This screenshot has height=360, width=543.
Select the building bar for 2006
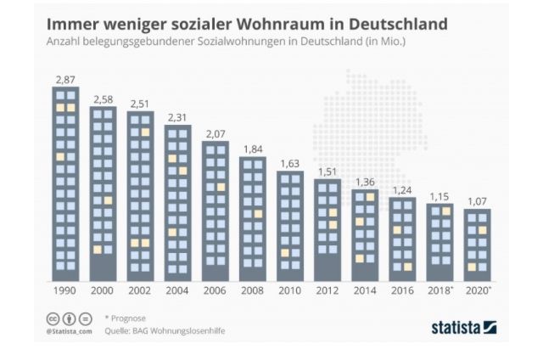(216, 211)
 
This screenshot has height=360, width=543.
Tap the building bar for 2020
(478, 245)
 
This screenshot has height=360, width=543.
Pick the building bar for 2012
(327, 230)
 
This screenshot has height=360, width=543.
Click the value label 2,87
(65, 79)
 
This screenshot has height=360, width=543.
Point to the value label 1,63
(290, 163)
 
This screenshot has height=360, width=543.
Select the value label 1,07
(478, 201)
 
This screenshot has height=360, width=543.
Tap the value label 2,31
(178, 117)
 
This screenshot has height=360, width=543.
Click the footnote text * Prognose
(129, 318)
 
